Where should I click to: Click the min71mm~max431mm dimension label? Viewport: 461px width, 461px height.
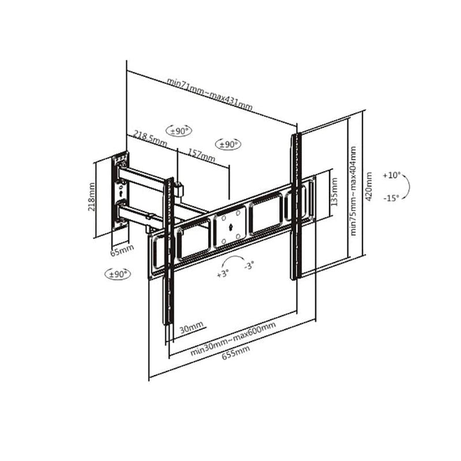click(x=210, y=93)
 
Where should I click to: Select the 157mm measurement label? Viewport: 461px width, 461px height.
click(x=202, y=155)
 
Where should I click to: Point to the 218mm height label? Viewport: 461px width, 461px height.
click(x=91, y=197)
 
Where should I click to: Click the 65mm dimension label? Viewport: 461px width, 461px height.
click(x=122, y=250)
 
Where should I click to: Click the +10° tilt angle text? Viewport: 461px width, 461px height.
click(x=391, y=175)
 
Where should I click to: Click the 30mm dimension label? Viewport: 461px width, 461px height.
click(x=191, y=329)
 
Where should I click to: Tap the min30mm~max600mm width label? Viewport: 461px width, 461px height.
click(x=233, y=340)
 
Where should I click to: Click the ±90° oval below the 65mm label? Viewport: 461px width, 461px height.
click(x=118, y=274)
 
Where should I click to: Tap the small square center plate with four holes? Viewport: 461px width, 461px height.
click(x=229, y=225)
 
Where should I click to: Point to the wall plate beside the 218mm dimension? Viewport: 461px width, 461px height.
click(x=120, y=191)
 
